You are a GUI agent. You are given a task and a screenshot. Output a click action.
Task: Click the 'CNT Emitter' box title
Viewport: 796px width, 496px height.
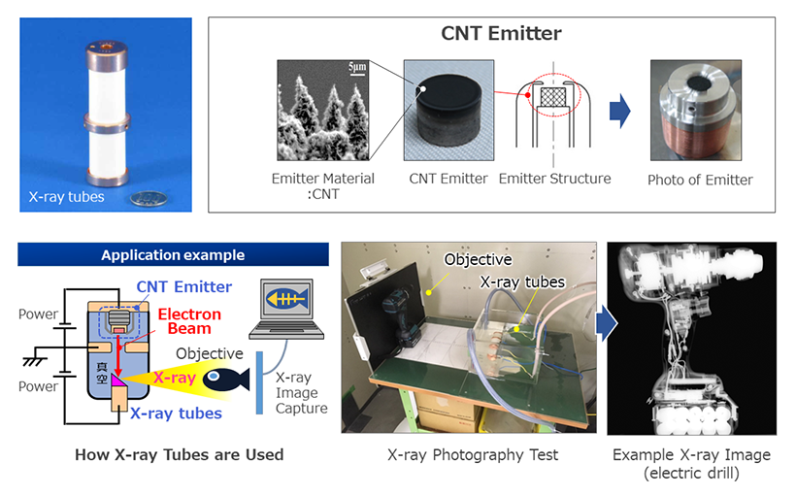(501, 34)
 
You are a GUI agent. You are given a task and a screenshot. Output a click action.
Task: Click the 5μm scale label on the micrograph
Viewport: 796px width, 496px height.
(357, 67)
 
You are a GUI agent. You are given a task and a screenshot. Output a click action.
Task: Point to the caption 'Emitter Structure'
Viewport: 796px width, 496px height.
(555, 179)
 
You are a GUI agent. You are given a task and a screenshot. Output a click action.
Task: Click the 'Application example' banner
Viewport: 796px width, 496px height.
(173, 255)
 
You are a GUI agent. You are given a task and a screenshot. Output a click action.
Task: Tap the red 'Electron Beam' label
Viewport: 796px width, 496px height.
(189, 321)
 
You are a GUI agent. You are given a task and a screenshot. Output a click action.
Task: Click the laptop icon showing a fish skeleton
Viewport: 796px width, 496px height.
(286, 310)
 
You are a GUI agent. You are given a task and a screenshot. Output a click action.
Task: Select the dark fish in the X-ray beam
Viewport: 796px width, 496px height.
(226, 380)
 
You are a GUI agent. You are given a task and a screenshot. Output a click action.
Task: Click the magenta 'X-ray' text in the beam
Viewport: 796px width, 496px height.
(175, 378)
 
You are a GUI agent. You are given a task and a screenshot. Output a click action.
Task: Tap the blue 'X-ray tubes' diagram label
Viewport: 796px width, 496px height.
(176, 413)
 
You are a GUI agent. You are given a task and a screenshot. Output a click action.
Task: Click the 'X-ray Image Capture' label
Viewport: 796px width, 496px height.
(301, 393)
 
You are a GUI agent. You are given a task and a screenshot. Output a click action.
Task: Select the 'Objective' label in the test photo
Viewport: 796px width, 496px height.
(478, 259)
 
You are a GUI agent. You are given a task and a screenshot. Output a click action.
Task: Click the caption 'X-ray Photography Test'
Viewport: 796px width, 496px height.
(473, 455)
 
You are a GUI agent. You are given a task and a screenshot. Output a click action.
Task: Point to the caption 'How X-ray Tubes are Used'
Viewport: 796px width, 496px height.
(180, 455)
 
